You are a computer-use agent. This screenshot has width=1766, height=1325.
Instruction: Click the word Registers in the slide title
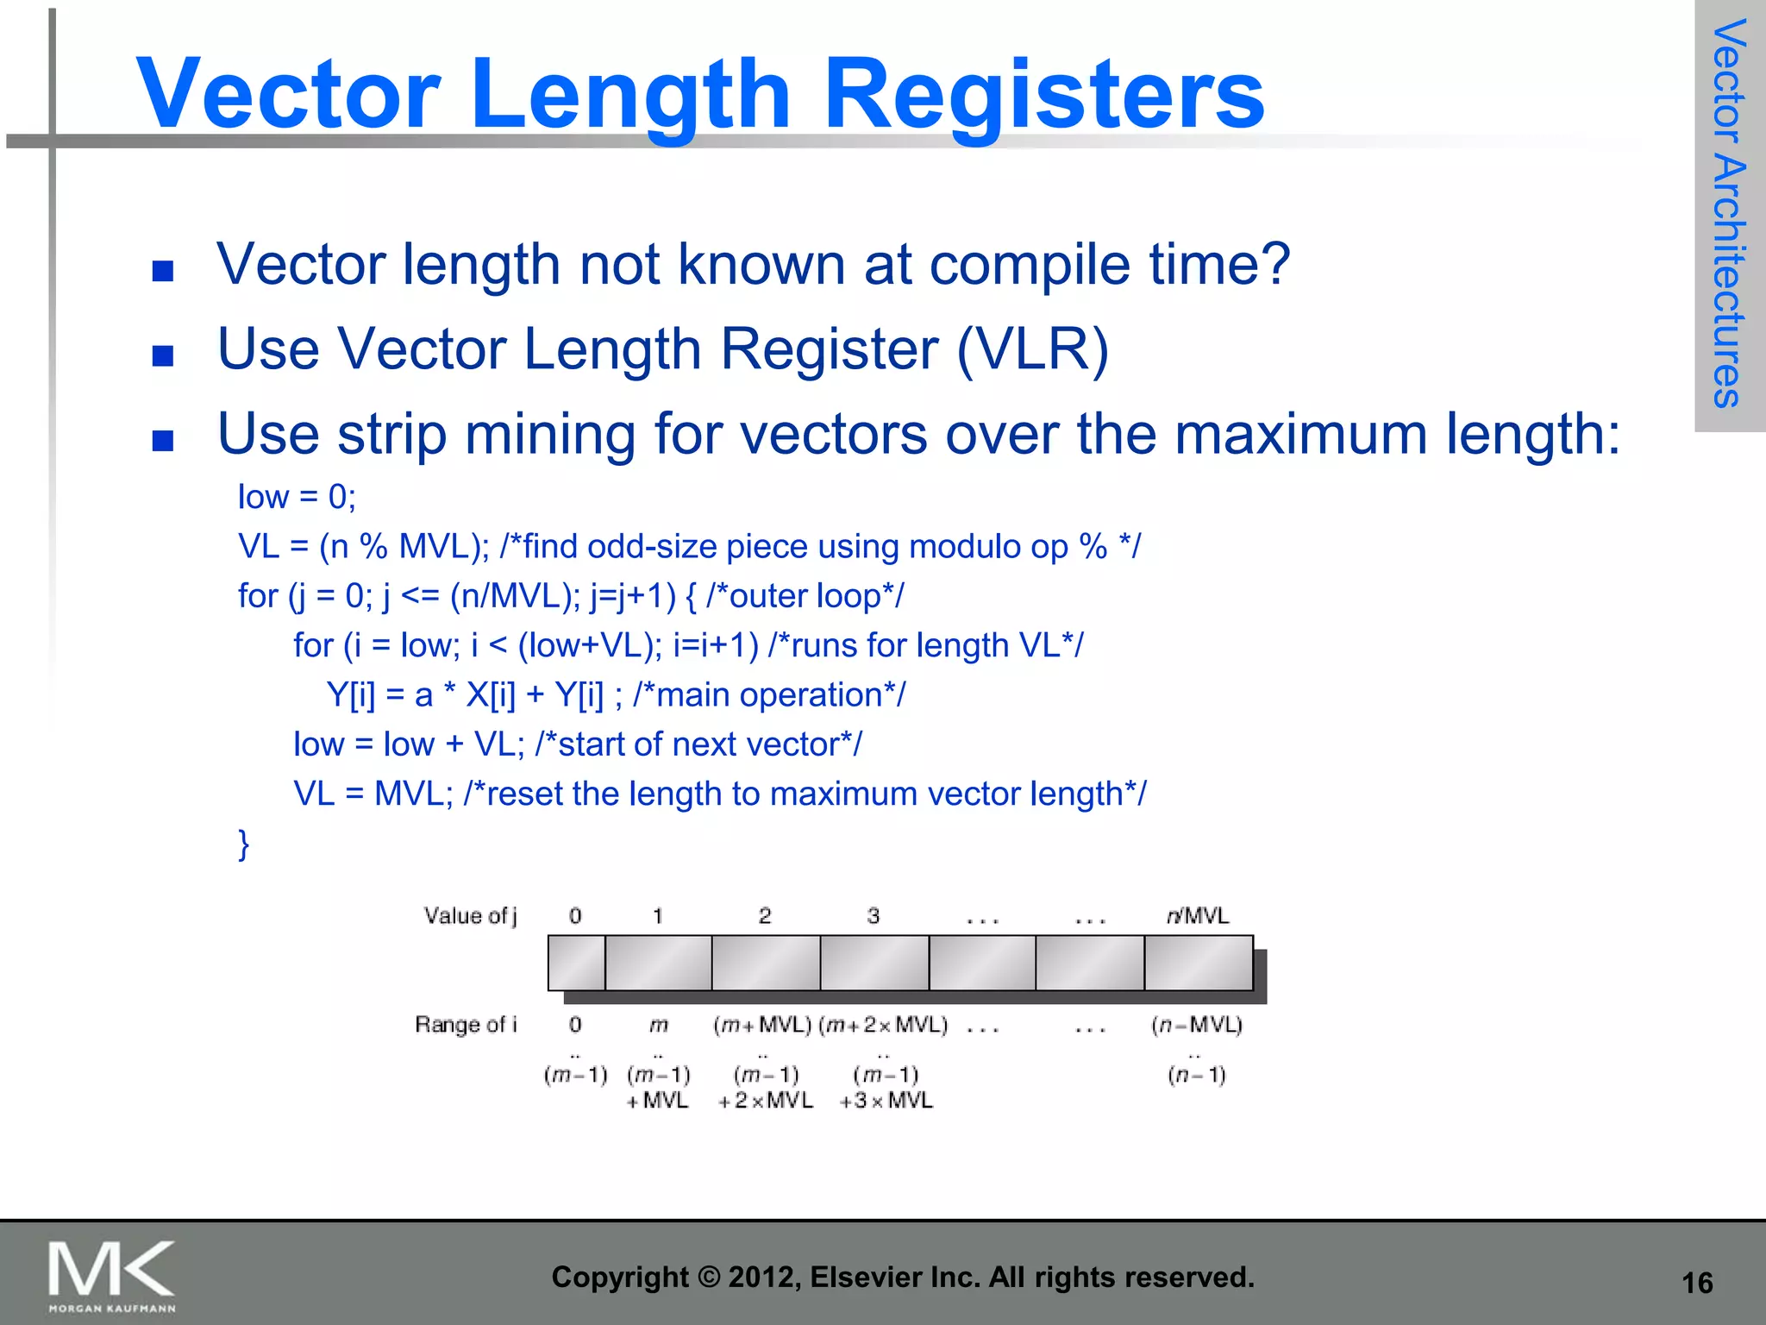click(x=1044, y=95)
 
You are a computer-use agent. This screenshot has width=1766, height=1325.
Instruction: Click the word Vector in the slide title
click(x=288, y=95)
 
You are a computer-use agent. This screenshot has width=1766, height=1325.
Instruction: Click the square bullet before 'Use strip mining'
click(x=163, y=442)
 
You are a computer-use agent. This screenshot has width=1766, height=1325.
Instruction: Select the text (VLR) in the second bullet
click(x=1033, y=349)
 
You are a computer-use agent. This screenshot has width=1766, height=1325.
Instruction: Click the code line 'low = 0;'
click(x=297, y=497)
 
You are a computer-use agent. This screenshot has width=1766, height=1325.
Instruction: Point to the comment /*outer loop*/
click(x=805, y=596)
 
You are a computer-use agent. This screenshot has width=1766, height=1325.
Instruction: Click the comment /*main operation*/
click(x=769, y=695)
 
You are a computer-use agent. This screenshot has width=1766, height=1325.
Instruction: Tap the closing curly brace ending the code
click(x=244, y=844)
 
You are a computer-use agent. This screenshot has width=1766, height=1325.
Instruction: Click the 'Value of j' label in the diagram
click(x=470, y=916)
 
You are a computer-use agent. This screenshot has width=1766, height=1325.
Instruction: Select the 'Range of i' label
click(x=466, y=1025)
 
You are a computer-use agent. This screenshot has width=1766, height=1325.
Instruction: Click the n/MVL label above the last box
click(x=1197, y=916)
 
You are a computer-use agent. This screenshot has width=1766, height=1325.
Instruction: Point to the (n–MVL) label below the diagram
click(x=1196, y=1026)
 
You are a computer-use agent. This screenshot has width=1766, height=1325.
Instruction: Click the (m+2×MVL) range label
click(x=883, y=1026)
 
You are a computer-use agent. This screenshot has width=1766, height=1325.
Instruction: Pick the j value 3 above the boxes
click(x=874, y=916)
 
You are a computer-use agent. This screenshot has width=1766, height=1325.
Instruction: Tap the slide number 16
click(x=1697, y=1283)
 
